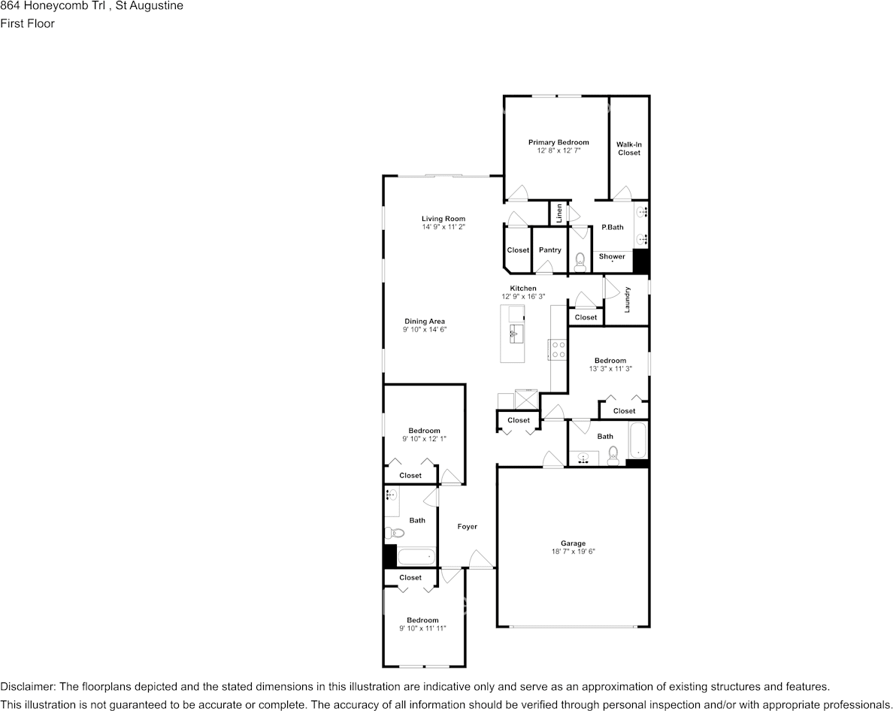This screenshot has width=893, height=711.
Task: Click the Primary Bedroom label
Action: [x=558, y=142]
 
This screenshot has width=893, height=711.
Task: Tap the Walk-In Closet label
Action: [x=628, y=149]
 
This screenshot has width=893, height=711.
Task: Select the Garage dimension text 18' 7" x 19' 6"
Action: [x=573, y=552]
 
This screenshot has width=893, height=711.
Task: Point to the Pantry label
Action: [x=549, y=250]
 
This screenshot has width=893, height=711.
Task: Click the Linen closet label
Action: [x=559, y=213]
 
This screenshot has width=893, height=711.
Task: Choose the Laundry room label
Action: [x=627, y=299]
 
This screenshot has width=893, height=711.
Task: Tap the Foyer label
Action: [x=467, y=527]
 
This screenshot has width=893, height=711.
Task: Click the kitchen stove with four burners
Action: [x=558, y=349]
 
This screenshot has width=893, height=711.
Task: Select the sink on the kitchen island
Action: [x=516, y=334]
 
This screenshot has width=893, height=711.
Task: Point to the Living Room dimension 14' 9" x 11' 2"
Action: [x=443, y=227]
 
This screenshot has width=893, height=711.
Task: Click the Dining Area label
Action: [x=425, y=322]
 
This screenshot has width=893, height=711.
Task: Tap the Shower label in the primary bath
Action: [x=612, y=257]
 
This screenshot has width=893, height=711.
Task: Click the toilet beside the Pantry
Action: [x=580, y=262]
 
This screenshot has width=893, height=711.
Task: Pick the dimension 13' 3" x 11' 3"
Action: [x=610, y=369]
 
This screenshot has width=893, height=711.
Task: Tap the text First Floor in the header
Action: [x=27, y=23]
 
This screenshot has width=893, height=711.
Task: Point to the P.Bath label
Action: [x=612, y=227]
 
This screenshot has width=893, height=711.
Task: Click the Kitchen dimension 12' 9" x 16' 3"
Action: [x=523, y=297]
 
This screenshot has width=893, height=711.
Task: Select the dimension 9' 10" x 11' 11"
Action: [x=422, y=628]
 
